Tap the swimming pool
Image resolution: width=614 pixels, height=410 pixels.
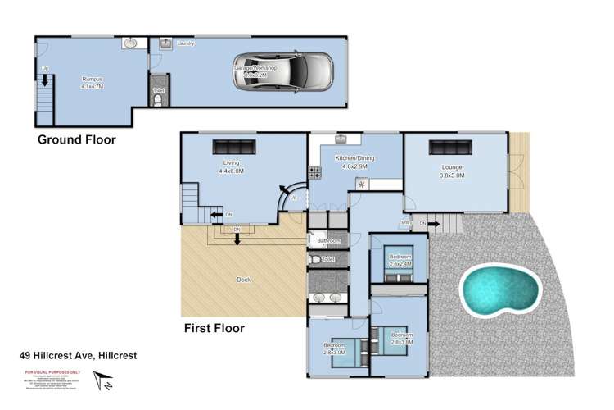coord(500,290)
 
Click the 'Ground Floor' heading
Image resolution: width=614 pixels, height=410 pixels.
coord(77,139)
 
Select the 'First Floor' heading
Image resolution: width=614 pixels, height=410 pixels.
coord(214,328)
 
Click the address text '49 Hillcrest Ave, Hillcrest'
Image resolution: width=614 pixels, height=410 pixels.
coord(78,356)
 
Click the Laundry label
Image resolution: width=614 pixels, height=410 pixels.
coord(185,43)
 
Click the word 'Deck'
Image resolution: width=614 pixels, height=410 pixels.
coord(243,280)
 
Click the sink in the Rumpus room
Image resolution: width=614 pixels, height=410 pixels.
coord(130,43)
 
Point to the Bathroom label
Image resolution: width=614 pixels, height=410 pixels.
coord(318,241)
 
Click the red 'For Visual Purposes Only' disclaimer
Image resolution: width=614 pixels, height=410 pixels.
coord(50,371)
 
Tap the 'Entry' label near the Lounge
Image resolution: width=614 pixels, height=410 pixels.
coord(405,222)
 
